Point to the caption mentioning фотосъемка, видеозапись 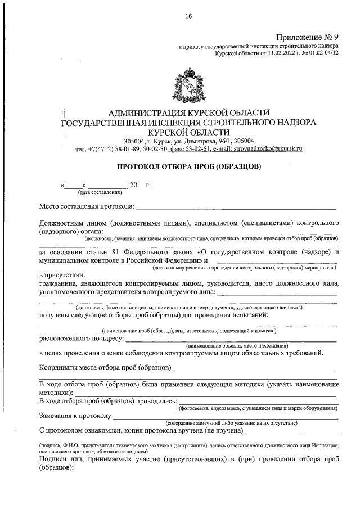point(258,407)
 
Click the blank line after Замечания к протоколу point(225,418)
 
